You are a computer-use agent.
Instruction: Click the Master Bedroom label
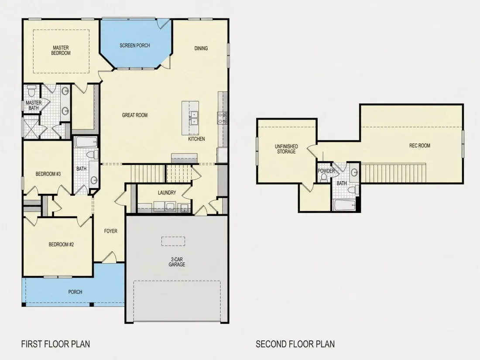(61, 50)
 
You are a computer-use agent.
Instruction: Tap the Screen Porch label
(135, 46)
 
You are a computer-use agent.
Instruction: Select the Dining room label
(201, 48)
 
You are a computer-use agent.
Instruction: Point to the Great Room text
(135, 115)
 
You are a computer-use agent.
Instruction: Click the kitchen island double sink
(193, 118)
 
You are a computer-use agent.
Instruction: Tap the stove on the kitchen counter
(222, 118)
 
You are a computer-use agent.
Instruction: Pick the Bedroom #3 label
(48, 174)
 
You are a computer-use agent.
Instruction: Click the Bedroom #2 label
(61, 244)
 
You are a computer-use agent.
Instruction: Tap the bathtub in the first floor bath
(86, 142)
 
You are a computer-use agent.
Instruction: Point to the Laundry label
(167, 192)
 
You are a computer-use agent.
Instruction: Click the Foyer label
(110, 231)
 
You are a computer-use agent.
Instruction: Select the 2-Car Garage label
(177, 262)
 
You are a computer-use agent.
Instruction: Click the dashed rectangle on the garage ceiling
(173, 241)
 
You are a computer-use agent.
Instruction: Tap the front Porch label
(75, 292)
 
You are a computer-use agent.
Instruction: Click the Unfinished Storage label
(286, 149)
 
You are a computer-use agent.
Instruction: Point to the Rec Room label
(420, 146)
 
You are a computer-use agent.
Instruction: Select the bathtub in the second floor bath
(345, 205)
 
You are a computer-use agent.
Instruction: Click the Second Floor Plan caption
(295, 344)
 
